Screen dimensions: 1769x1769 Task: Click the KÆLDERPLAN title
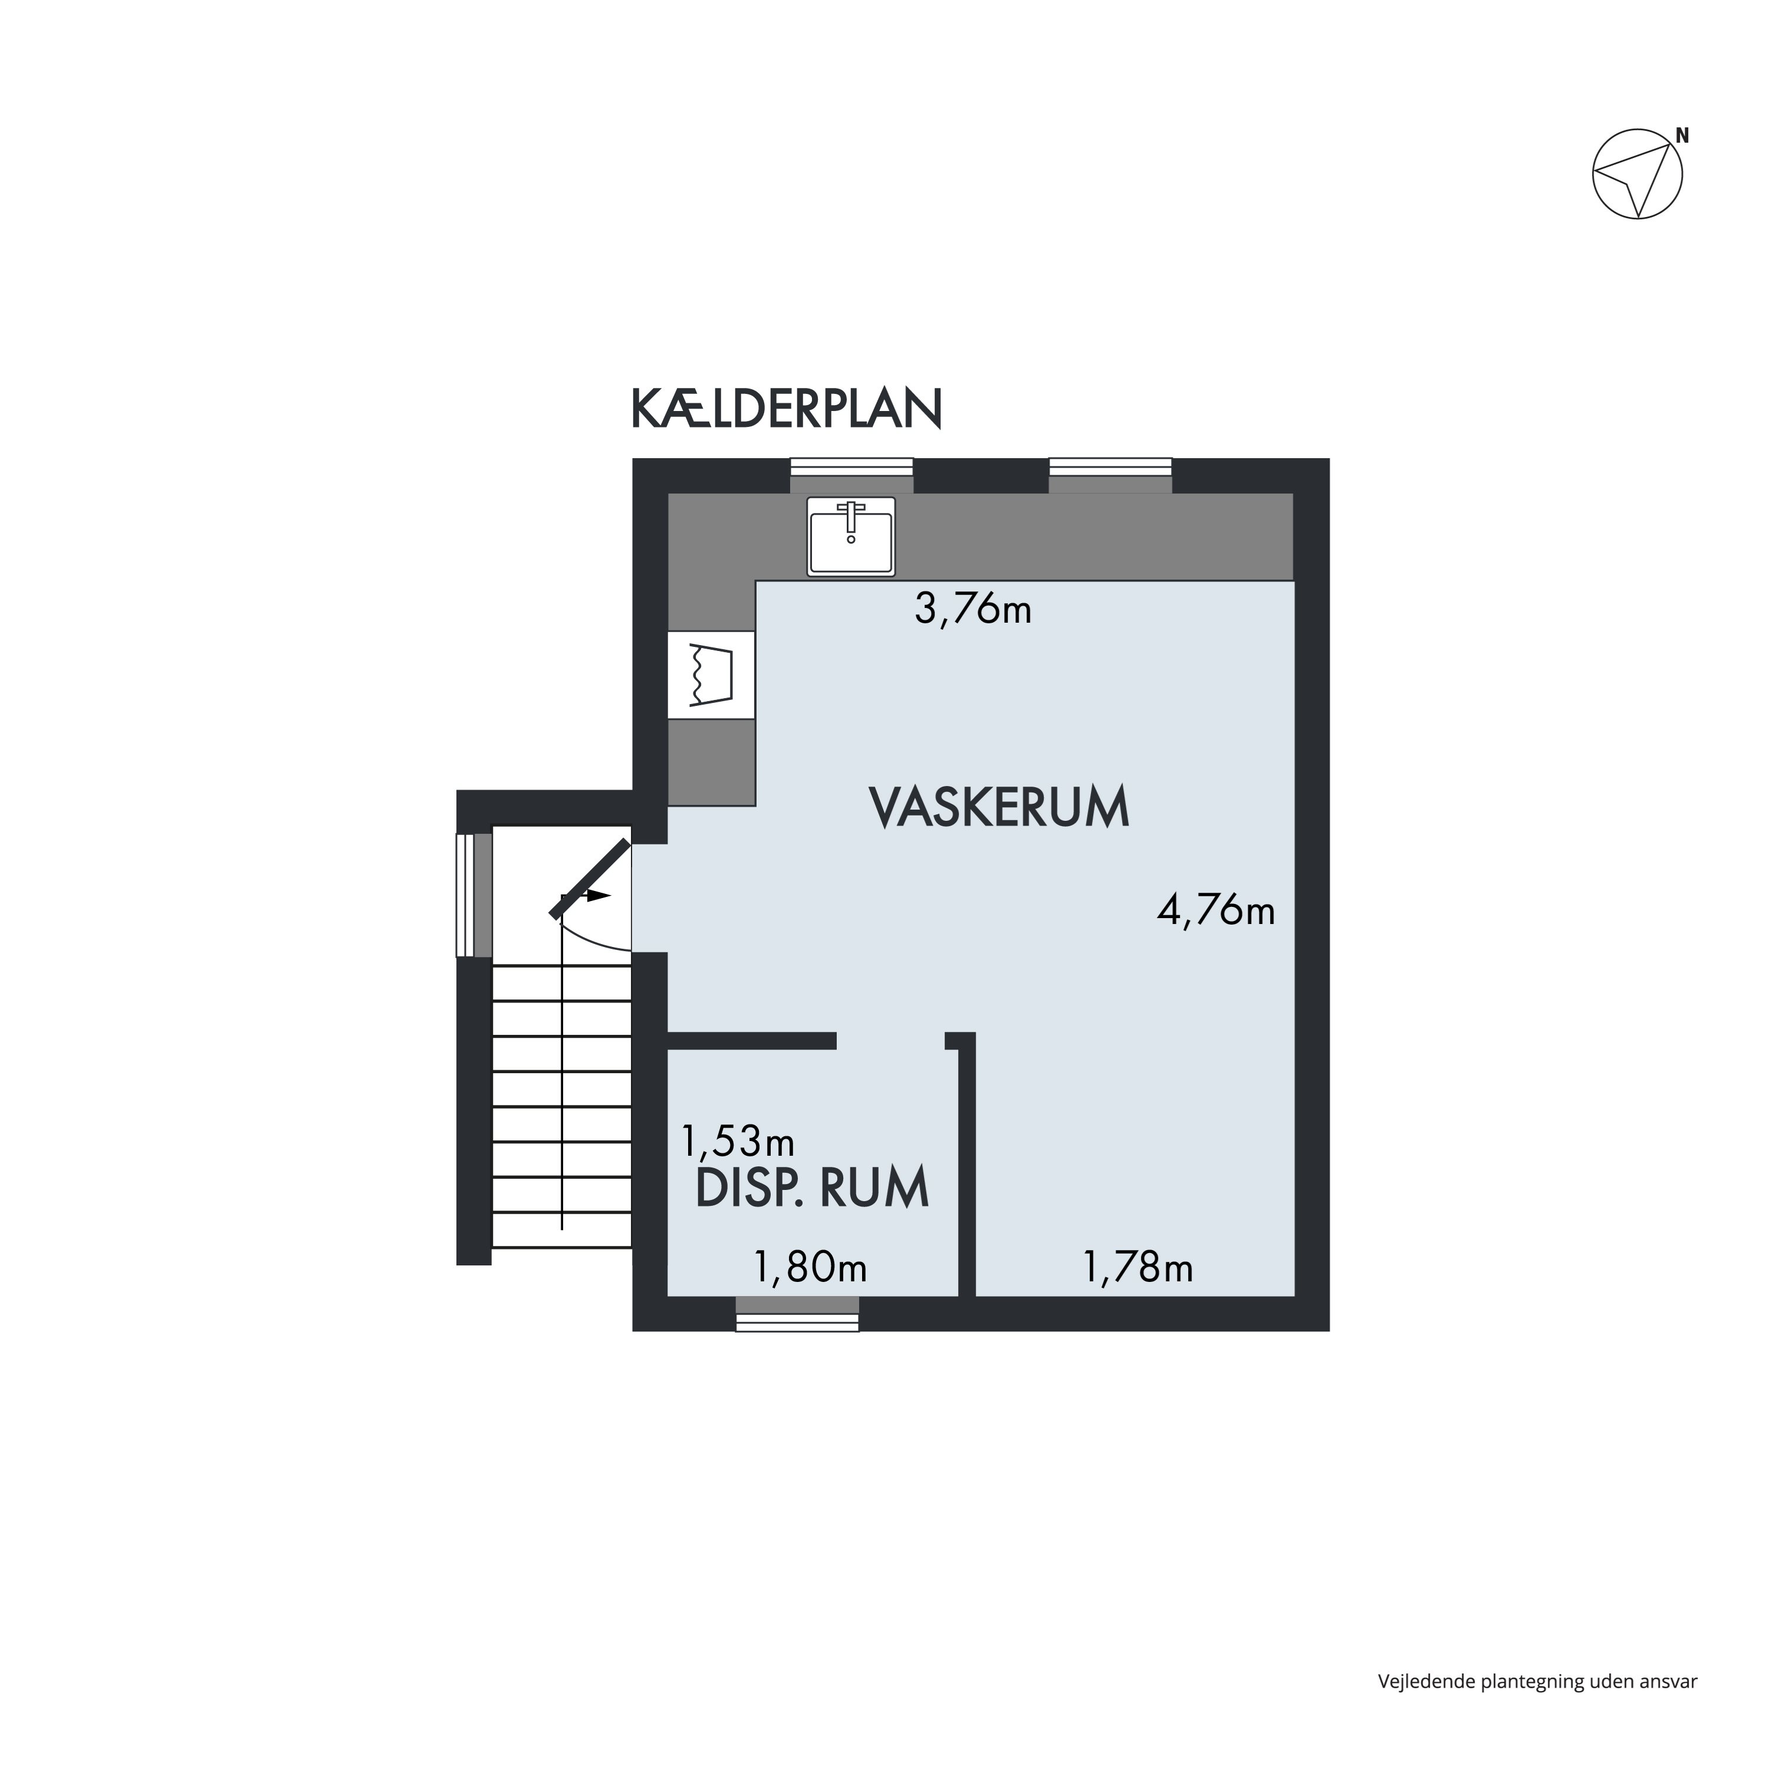point(785,409)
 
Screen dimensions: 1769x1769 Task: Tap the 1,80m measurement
point(810,1268)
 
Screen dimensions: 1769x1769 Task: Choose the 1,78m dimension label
point(1138,1268)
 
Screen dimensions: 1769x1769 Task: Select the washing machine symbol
point(712,675)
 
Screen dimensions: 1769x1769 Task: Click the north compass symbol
point(1637,174)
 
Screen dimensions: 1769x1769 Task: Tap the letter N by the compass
point(1682,136)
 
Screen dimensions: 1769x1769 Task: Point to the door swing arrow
point(596,896)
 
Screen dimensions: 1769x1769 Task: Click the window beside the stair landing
point(474,895)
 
